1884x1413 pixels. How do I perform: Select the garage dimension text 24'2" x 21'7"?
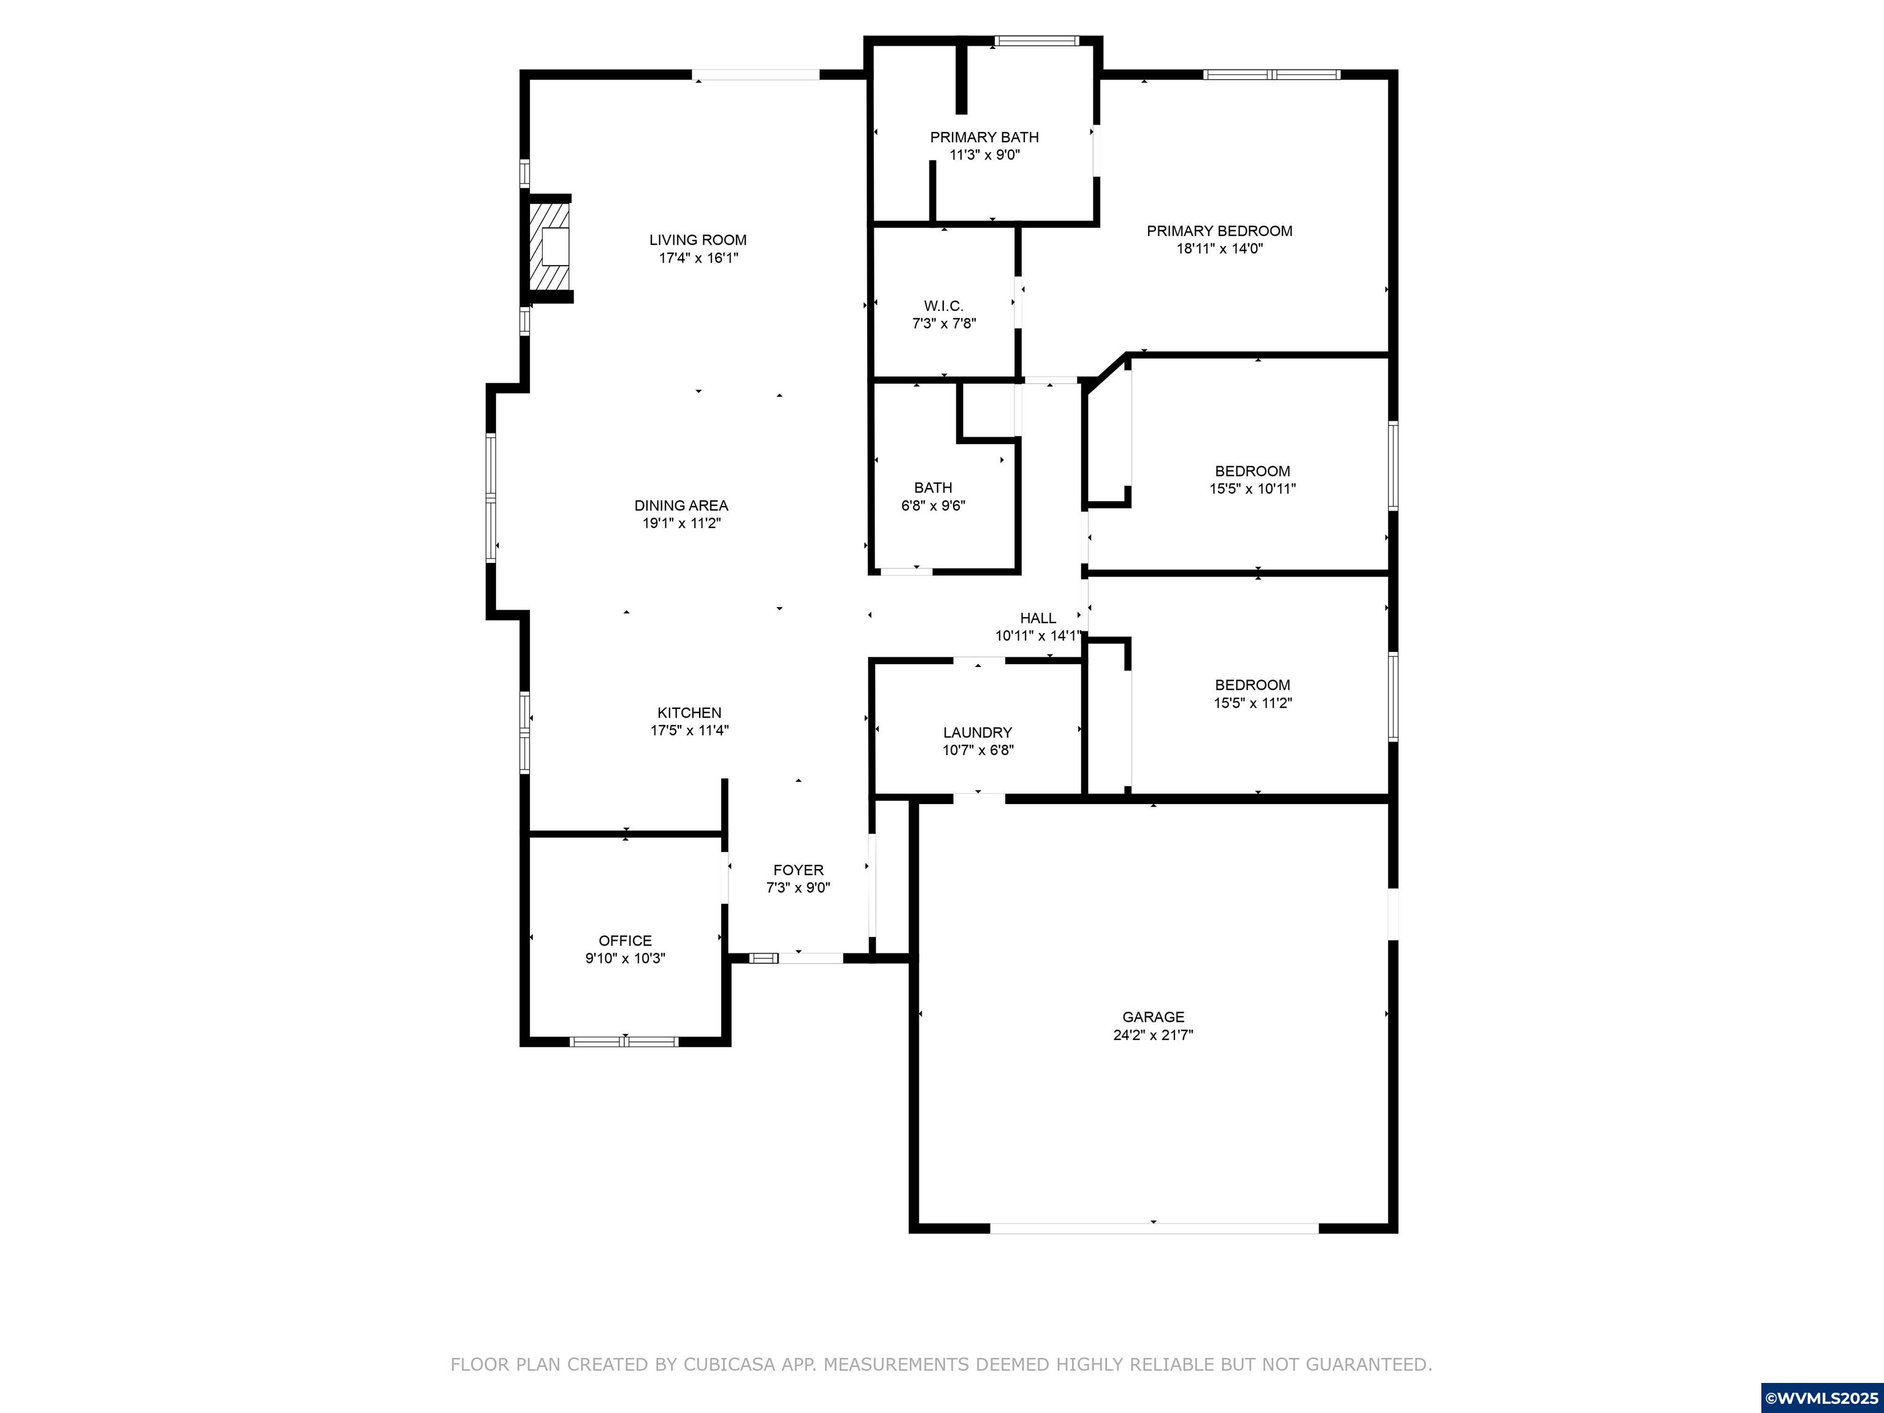1152,1035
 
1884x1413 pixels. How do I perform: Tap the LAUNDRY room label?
977,732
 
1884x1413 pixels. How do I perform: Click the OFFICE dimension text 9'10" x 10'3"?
624,958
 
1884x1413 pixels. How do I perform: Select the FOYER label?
798,870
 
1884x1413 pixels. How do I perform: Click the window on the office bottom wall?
624,1041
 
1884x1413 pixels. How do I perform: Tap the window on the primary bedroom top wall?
1271,75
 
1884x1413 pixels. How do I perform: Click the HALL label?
1038,618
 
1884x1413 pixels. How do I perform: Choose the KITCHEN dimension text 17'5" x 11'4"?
689,730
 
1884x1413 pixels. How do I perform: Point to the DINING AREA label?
681,505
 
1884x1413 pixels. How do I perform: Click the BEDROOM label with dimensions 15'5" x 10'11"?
1252,471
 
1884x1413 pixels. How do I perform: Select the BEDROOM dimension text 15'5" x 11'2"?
1252,703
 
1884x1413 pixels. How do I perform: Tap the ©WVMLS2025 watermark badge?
1821,1398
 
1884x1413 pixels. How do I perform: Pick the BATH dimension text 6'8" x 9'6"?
933,505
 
